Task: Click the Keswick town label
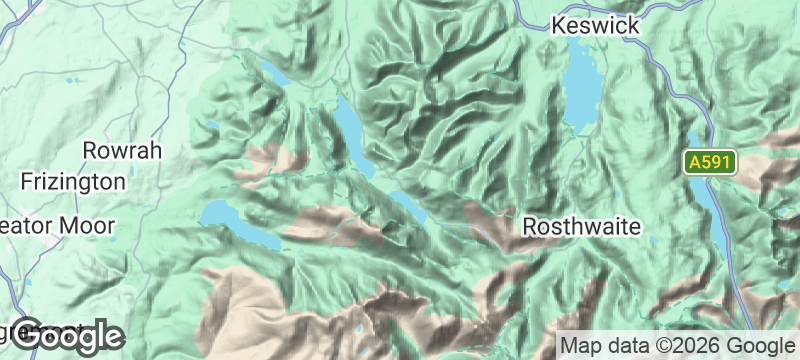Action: (596, 24)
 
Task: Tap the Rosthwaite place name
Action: (582, 227)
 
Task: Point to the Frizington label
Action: (74, 182)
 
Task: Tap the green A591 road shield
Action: (710, 162)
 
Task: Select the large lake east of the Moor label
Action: (234, 221)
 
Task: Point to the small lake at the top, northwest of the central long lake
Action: (274, 74)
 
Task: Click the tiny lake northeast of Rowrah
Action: (212, 125)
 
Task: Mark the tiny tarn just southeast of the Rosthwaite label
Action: (655, 242)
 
